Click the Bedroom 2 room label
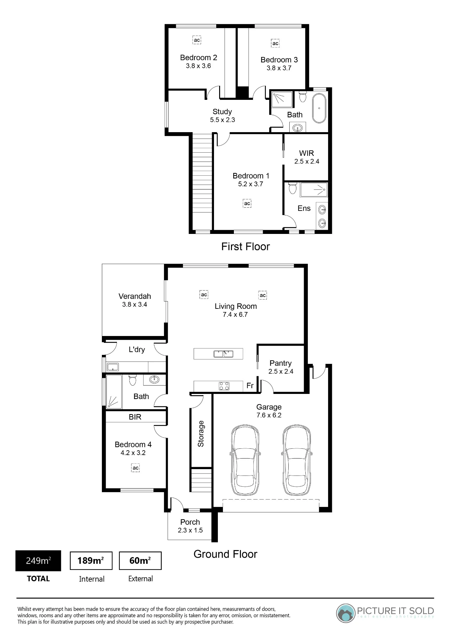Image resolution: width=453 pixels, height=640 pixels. pyautogui.click(x=199, y=58)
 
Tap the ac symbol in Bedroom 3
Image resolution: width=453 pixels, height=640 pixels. pyautogui.click(x=275, y=44)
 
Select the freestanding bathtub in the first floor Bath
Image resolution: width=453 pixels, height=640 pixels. pyautogui.click(x=319, y=108)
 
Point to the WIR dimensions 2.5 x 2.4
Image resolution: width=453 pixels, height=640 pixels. pyautogui.click(x=307, y=162)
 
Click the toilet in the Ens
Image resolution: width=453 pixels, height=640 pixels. pyautogui.click(x=293, y=188)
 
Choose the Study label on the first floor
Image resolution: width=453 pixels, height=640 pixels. pyautogui.click(x=222, y=112)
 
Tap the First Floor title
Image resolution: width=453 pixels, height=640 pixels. pyautogui.click(x=246, y=246)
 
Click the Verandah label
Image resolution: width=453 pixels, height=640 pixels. pyautogui.click(x=135, y=296)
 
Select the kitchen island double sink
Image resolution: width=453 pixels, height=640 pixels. pyautogui.click(x=224, y=354)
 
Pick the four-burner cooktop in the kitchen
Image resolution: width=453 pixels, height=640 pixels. pyautogui.click(x=224, y=386)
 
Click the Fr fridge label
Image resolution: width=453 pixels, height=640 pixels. pyautogui.click(x=250, y=386)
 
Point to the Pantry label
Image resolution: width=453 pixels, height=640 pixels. pyautogui.click(x=281, y=363)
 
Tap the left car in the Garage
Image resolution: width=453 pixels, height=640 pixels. pyautogui.click(x=245, y=460)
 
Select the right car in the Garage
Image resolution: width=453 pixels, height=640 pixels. pyautogui.click(x=297, y=460)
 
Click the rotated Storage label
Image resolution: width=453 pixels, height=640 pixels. pyautogui.click(x=201, y=434)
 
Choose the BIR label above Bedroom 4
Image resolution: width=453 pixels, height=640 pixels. pyautogui.click(x=135, y=417)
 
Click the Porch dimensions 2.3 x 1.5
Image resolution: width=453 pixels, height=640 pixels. pyautogui.click(x=190, y=530)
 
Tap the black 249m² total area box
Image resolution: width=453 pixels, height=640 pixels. pyautogui.click(x=38, y=561)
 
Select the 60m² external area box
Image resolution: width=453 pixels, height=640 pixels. pyautogui.click(x=140, y=561)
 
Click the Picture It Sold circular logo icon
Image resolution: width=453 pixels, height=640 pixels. pyautogui.click(x=346, y=613)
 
